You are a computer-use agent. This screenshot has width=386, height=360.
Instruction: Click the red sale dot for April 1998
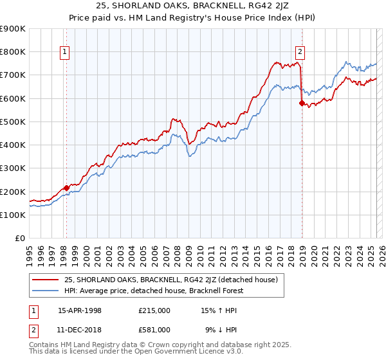click(x=66, y=188)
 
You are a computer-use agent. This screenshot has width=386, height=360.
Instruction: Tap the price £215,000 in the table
click(x=154, y=310)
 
